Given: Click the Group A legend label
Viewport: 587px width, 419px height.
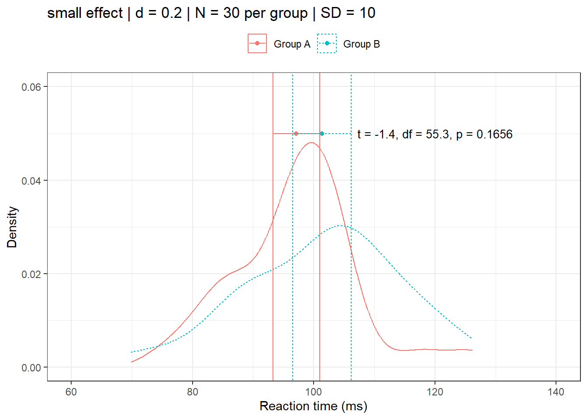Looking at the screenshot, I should (x=292, y=44).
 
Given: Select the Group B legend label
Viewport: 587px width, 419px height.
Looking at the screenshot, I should (x=361, y=44).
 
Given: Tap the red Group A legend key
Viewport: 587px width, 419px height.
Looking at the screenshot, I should (x=257, y=44).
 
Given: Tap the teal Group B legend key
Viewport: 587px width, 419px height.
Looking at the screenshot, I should (x=327, y=44).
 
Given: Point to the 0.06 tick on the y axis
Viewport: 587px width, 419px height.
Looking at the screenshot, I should (x=31, y=87).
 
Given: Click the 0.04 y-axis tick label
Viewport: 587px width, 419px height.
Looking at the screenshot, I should (x=31, y=181).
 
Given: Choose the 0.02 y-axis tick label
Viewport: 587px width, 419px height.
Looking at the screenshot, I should (x=31, y=274).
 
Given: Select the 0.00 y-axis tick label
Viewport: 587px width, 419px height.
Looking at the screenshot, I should (x=31, y=368).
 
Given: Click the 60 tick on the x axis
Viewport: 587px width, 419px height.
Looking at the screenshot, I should (x=71, y=392).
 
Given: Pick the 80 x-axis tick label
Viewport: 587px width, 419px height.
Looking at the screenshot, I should (x=192, y=392).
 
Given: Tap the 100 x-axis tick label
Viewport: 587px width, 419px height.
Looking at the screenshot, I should (x=314, y=392).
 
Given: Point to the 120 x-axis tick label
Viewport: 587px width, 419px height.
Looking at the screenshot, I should (x=435, y=392).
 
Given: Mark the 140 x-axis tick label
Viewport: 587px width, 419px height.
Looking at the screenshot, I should (x=556, y=392).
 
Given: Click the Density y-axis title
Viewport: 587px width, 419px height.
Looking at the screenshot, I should (x=12, y=227).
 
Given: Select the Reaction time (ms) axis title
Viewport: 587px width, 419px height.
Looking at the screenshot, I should (x=313, y=406).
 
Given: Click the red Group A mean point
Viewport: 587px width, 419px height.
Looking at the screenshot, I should (x=296, y=134).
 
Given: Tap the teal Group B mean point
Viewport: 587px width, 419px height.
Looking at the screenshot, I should (x=322, y=134).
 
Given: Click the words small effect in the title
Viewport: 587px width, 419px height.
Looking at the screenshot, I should (x=85, y=13).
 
